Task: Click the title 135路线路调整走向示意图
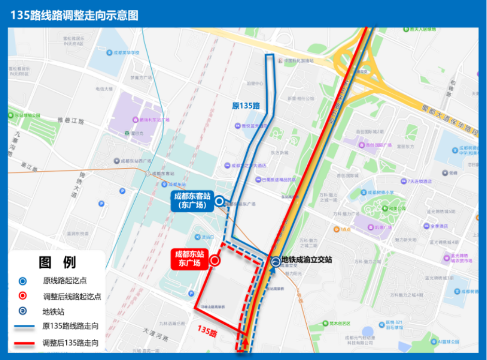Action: click(75, 16)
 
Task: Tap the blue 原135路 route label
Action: click(246, 106)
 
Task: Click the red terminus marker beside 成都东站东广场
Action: click(214, 262)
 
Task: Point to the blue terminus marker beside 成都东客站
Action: click(219, 201)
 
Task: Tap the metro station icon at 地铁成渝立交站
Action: click(275, 262)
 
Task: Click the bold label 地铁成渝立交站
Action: click(307, 260)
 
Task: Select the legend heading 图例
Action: click(57, 262)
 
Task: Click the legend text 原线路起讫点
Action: click(65, 281)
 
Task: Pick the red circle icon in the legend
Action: click(23, 297)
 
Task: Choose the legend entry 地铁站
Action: click(54, 312)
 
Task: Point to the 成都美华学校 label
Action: click(127, 52)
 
